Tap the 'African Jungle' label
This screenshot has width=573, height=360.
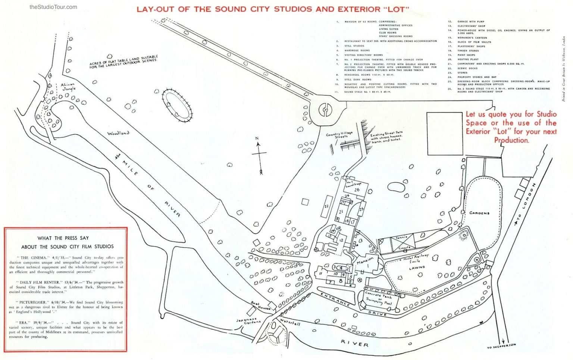coord(68,87)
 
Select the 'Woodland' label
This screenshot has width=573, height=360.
coord(118,133)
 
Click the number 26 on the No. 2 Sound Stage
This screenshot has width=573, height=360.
coord(357,190)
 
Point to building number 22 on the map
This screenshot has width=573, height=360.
coord(326,206)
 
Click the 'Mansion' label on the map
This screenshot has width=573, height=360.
coord(365,260)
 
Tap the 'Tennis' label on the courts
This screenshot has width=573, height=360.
coord(402,238)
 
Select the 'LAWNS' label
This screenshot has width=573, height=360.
coord(417,268)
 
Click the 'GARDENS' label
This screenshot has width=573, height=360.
coord(479,213)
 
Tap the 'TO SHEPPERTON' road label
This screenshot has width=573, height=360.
coord(502,346)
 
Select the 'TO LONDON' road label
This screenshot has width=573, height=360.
coord(527,202)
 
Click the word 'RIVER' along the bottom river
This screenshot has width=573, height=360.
coord(355,344)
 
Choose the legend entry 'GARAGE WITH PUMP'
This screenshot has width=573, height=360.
coord(471,22)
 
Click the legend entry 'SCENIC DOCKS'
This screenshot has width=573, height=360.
coord(467,68)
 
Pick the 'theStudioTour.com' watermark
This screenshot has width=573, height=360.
coord(53,7)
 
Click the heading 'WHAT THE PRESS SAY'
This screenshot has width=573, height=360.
coord(63,238)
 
